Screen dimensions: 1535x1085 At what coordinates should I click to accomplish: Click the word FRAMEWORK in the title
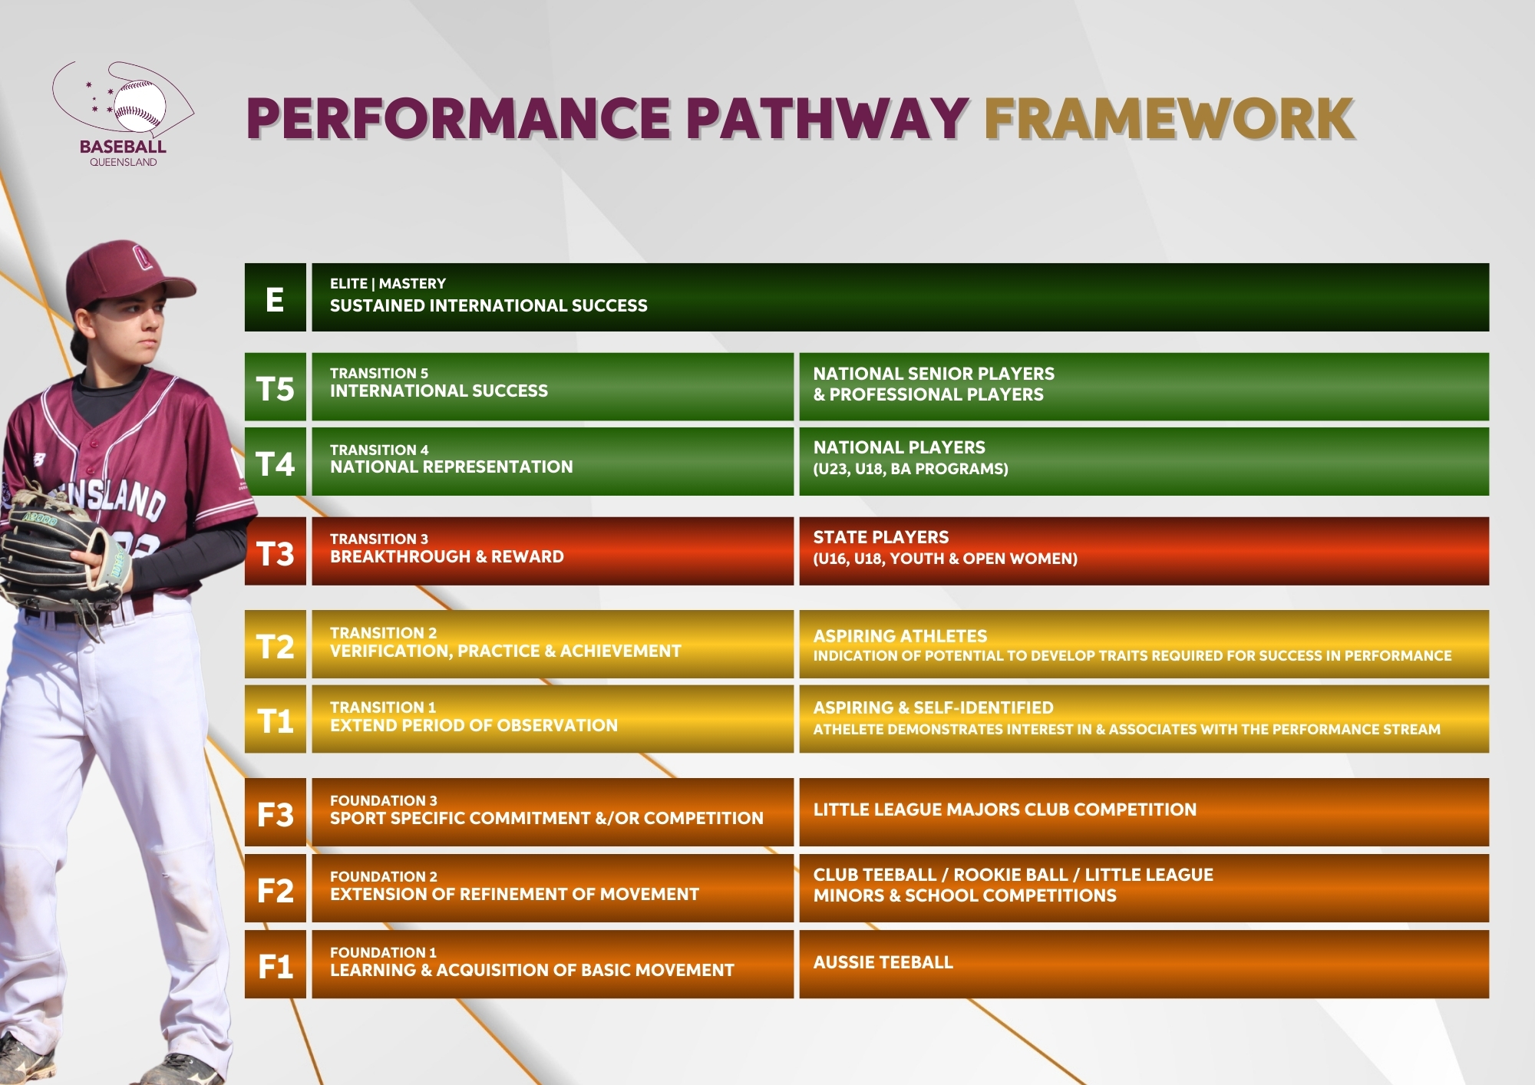tap(1170, 119)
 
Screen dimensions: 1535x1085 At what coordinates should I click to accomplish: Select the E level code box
tap(275, 298)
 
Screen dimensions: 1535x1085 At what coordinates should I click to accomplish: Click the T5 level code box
tap(275, 387)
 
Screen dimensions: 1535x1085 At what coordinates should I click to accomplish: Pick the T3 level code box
tap(275, 551)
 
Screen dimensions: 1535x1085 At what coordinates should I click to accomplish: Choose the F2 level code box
tap(275, 888)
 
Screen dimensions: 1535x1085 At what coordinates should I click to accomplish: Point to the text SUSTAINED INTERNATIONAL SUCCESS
tap(489, 305)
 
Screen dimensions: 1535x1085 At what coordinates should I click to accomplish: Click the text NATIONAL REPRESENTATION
tap(451, 467)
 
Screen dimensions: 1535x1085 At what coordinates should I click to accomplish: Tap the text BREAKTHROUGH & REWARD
tap(447, 556)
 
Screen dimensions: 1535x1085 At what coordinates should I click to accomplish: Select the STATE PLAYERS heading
tap(881, 537)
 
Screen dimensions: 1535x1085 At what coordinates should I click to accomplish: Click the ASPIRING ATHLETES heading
tap(900, 636)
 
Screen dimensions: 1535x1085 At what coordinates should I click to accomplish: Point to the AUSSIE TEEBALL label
tap(883, 962)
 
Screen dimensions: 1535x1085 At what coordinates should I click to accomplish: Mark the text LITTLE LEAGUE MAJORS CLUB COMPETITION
tap(1005, 810)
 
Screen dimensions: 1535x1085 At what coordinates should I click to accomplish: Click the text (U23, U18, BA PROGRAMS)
tap(911, 469)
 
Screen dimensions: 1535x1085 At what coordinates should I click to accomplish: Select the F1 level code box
tap(275, 964)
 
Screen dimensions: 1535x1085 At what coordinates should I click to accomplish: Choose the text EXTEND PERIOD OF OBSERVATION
tap(474, 725)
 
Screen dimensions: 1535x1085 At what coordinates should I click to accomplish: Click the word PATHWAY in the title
tap(827, 119)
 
